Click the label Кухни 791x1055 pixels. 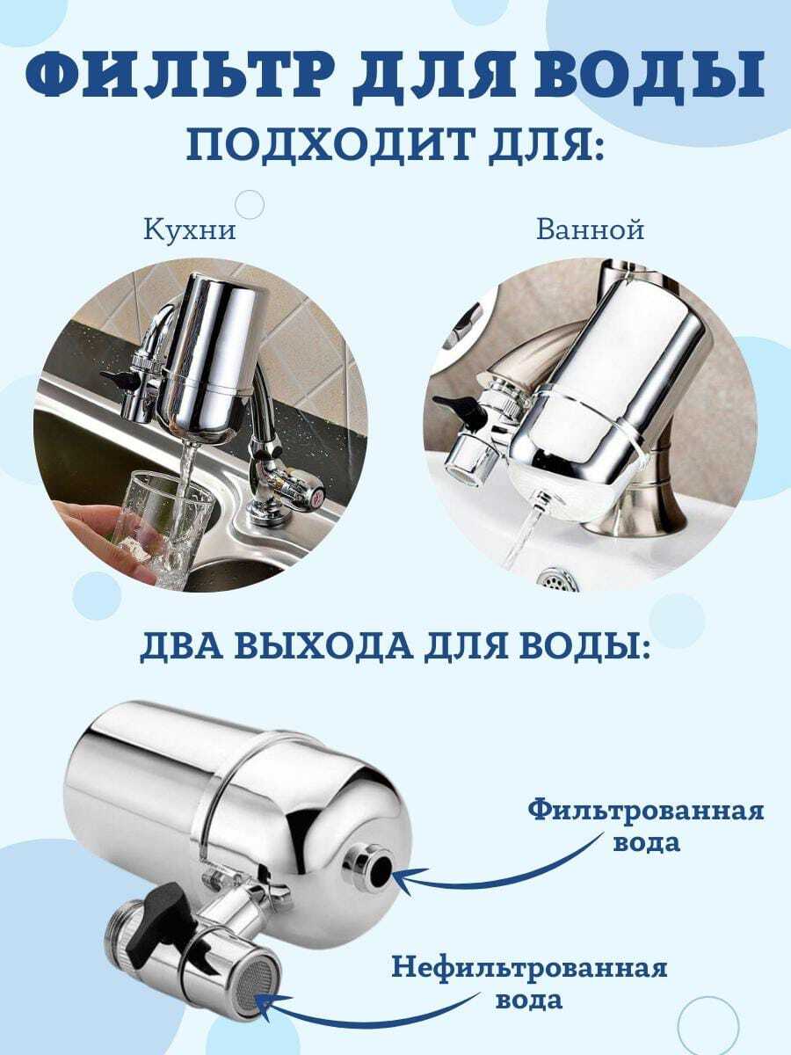pyautogui.click(x=190, y=230)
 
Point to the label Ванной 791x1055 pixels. pyautogui.click(x=591, y=229)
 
